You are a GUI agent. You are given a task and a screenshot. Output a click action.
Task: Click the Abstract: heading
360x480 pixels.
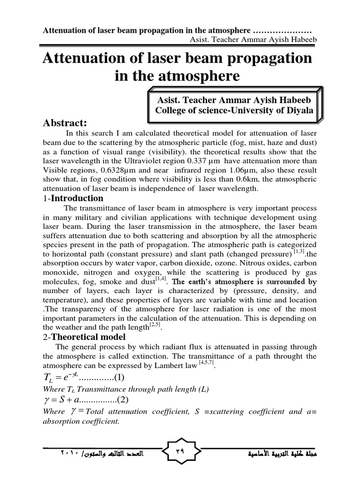coord(66,123)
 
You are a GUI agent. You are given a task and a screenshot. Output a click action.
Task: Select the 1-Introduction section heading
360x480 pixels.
coord(73,198)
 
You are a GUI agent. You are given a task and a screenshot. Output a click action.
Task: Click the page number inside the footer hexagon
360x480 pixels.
coord(180,453)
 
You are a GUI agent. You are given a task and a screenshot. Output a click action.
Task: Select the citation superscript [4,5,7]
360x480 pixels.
coord(205,364)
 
